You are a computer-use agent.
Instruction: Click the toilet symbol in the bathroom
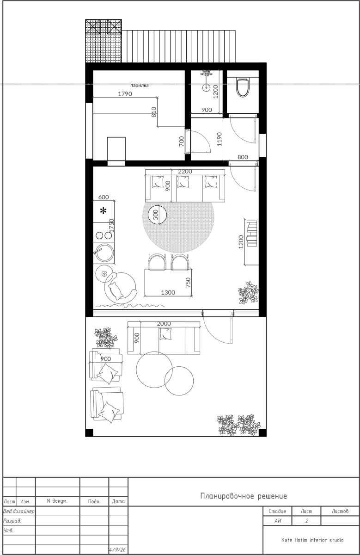243,87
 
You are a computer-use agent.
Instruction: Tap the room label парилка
140,86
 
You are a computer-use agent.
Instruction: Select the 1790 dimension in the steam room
125,94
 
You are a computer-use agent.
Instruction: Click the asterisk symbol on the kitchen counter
103,211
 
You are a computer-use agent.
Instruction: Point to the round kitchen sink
104,253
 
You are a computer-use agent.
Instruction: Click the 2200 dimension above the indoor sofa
185,172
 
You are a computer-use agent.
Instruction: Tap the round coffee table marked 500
157,215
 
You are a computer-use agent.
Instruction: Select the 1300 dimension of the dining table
168,293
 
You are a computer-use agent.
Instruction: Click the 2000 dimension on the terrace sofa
164,324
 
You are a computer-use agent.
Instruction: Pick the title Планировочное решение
244,496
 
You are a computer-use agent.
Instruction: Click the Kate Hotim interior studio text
312,540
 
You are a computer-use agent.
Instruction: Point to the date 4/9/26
117,550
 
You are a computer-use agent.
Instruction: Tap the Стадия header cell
277,511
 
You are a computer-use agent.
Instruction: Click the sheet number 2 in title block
307,521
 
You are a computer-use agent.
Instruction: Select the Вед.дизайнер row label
19,511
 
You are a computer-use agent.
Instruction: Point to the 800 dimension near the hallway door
243,157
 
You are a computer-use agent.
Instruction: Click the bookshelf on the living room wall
251,242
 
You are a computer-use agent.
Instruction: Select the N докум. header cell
57,501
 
